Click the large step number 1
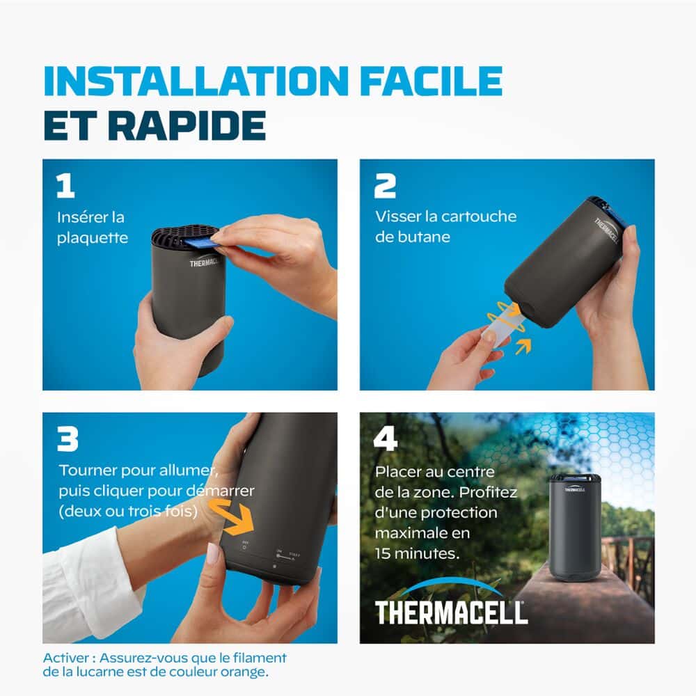pos(65,186)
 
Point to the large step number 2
pos(384,186)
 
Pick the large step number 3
pos(68,439)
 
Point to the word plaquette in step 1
pos(93,238)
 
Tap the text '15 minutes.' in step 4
pos(417,553)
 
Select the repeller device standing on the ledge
pos(576,527)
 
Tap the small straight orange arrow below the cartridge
pos(523,347)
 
